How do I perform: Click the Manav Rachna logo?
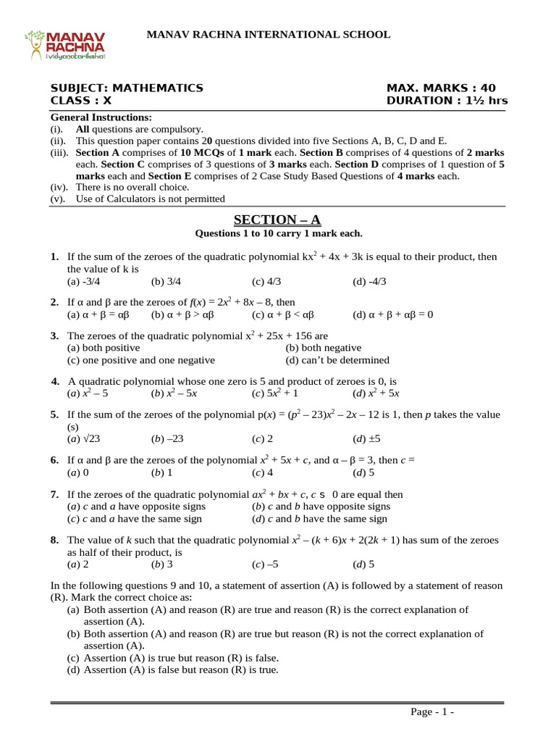(x=66, y=45)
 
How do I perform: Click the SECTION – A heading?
(x=278, y=220)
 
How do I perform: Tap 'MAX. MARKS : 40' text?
(x=441, y=88)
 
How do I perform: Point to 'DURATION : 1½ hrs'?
(x=447, y=101)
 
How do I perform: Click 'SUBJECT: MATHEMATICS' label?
(x=127, y=88)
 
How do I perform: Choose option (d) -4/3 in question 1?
(x=369, y=281)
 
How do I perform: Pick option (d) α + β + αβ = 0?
(x=392, y=314)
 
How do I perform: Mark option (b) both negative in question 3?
(x=323, y=348)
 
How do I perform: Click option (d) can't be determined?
(x=337, y=360)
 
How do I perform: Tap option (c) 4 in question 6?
(x=262, y=472)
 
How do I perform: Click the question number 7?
(x=55, y=494)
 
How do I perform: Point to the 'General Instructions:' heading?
(x=101, y=117)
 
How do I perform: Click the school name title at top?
(x=269, y=34)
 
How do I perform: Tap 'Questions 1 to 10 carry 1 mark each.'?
(x=278, y=233)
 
